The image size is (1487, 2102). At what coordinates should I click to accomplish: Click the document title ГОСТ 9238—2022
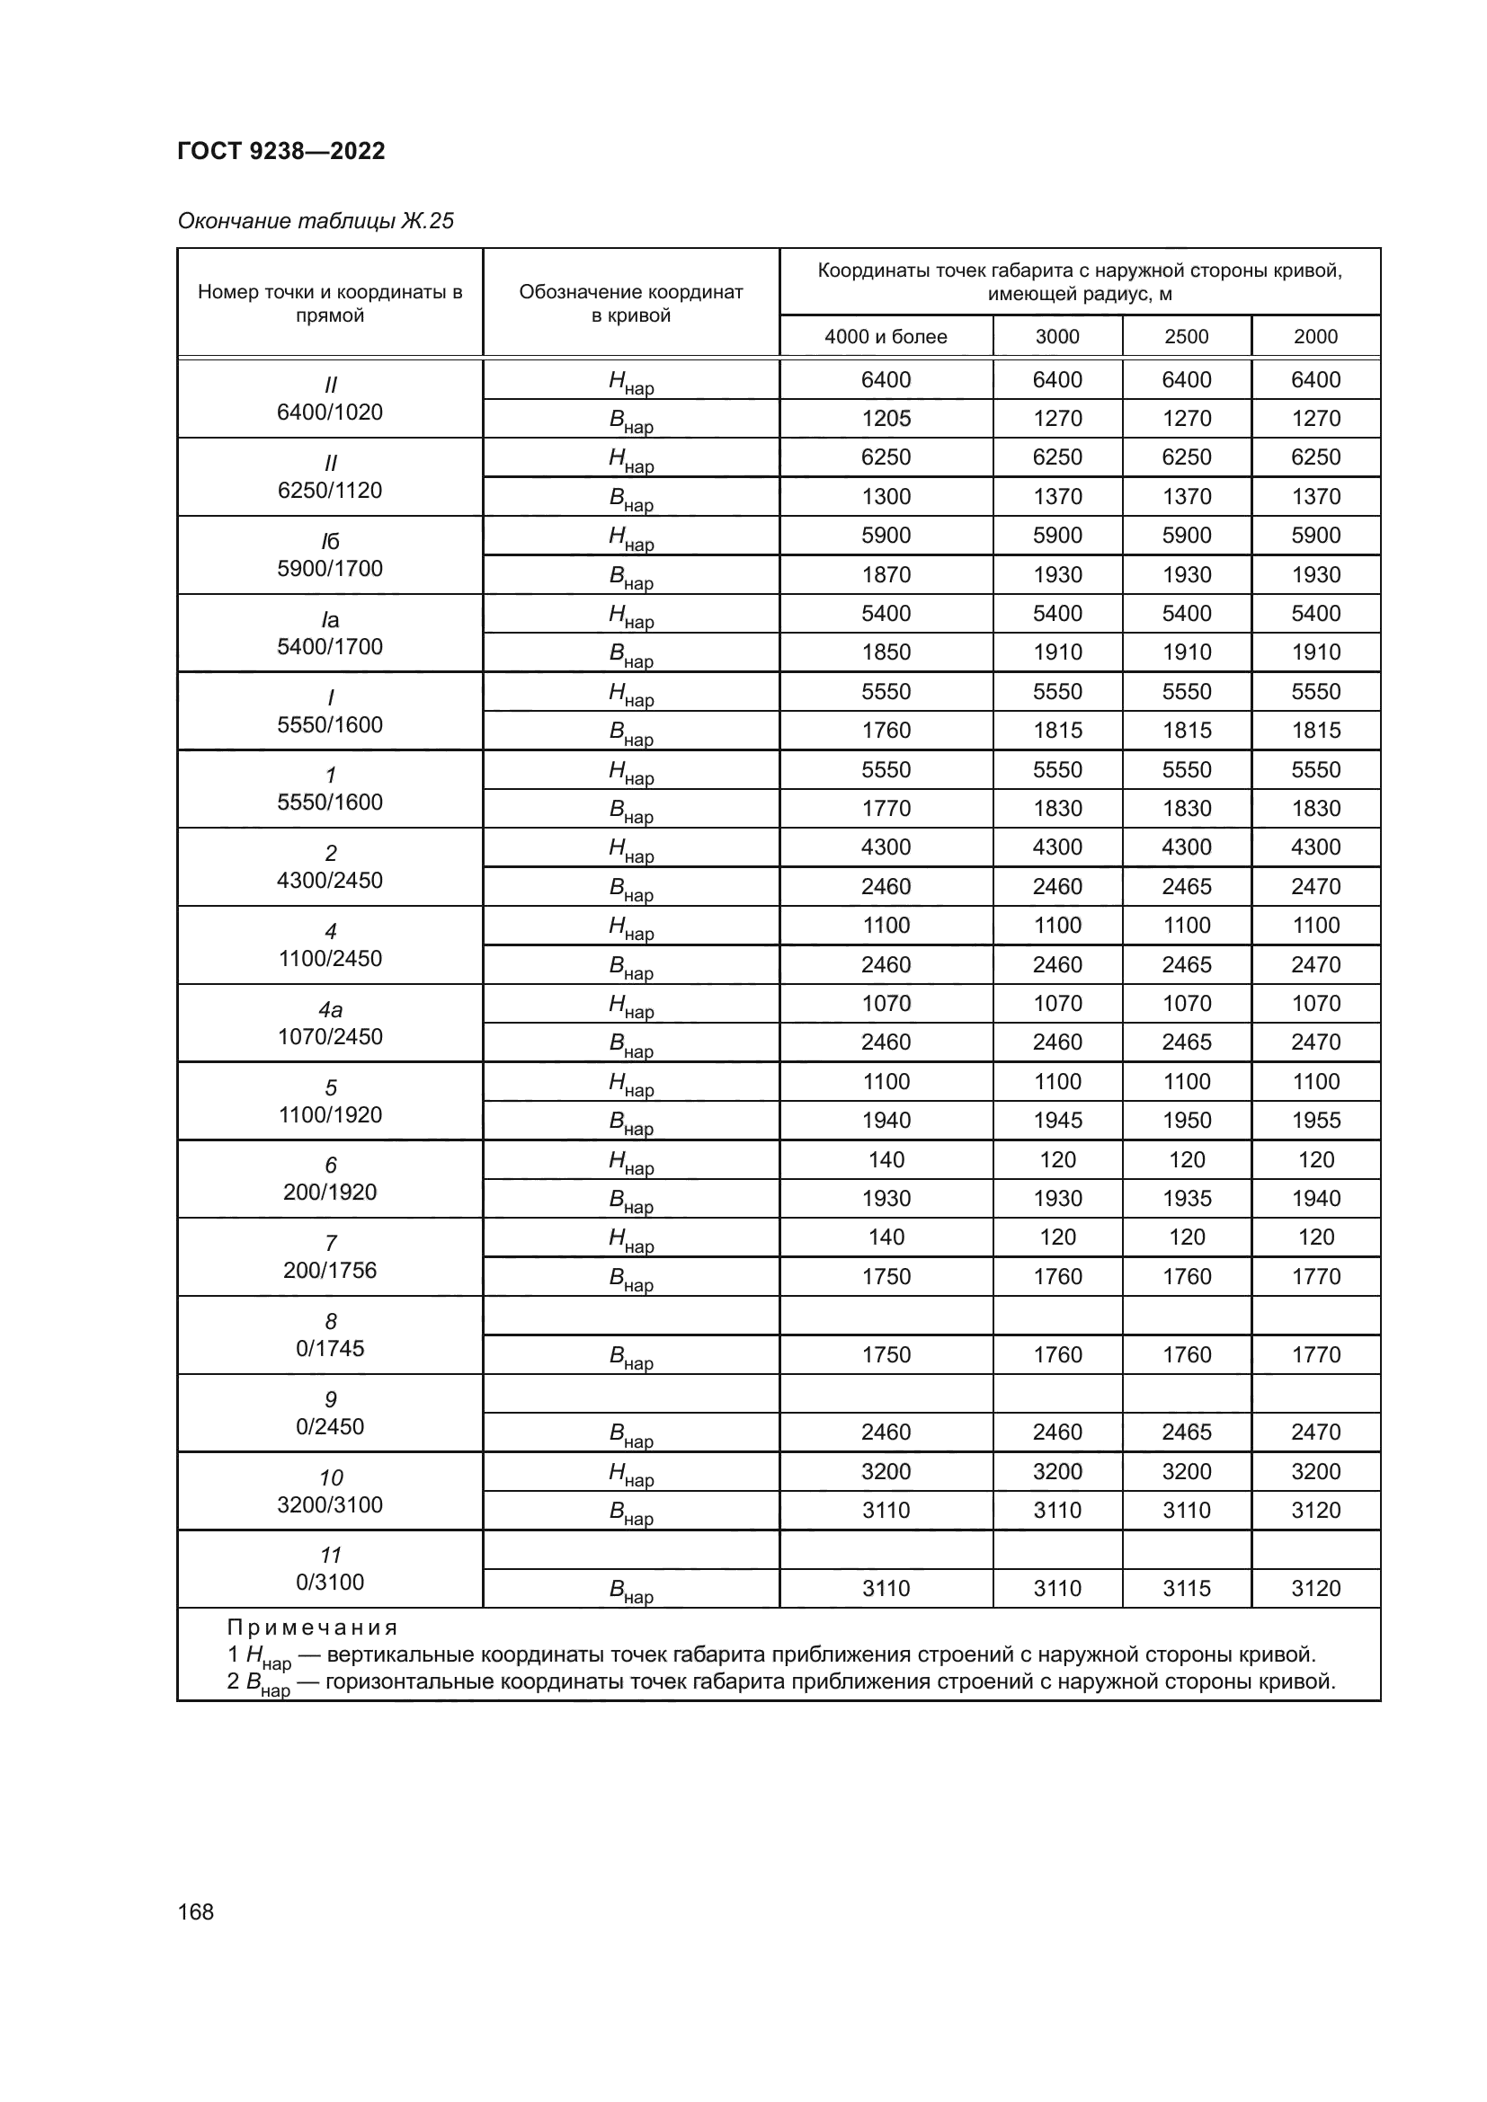[x=281, y=151]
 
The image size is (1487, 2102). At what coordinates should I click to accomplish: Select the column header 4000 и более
[x=886, y=337]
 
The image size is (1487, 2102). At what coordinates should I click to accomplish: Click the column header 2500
[x=1186, y=337]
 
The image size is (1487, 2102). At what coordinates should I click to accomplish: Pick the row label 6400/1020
[x=330, y=412]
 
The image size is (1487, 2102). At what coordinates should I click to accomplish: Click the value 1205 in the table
[x=886, y=419]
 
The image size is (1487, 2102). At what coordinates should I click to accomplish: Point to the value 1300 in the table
[x=886, y=496]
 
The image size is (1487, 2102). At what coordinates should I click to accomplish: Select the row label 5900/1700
[x=330, y=569]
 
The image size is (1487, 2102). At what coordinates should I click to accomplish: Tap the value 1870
[x=886, y=575]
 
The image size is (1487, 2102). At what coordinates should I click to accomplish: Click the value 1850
[x=886, y=652]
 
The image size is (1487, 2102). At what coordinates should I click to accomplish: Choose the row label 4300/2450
[x=330, y=881]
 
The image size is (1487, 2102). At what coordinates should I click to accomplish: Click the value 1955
[x=1315, y=1121]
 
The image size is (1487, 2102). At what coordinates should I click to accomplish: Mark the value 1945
[x=1056, y=1121]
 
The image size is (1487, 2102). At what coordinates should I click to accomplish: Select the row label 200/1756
[x=330, y=1270]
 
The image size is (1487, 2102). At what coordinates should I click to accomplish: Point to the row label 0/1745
[x=330, y=1349]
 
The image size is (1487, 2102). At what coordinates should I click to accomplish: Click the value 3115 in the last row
[x=1186, y=1588]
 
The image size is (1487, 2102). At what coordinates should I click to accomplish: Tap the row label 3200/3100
[x=330, y=1504]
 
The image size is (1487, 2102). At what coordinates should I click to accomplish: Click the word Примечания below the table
[x=312, y=1627]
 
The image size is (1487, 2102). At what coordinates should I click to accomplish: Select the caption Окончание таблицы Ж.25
[x=315, y=222]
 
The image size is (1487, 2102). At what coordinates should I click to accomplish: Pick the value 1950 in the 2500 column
[x=1186, y=1121]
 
